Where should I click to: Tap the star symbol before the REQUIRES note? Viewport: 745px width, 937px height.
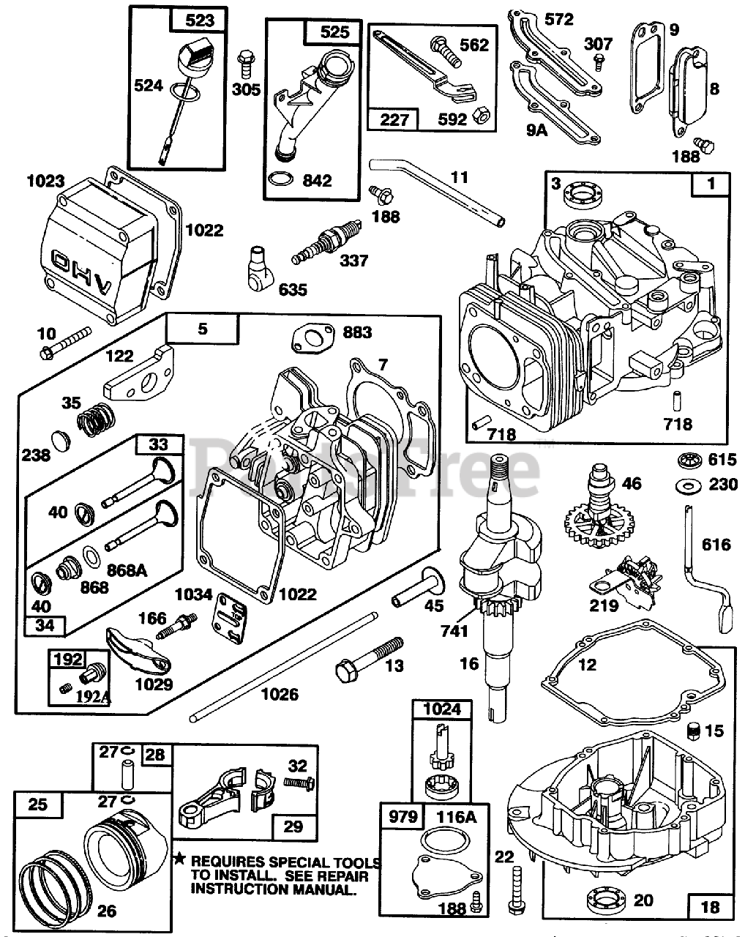(x=178, y=856)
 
